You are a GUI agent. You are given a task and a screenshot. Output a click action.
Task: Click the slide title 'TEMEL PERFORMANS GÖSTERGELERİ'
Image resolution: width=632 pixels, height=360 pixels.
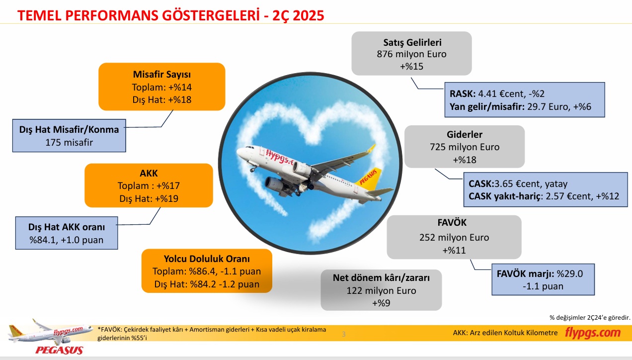(138, 15)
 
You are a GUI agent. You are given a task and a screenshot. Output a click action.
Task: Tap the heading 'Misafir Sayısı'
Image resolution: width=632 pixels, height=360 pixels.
(161, 75)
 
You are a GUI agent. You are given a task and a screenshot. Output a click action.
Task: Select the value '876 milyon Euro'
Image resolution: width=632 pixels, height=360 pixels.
(412, 54)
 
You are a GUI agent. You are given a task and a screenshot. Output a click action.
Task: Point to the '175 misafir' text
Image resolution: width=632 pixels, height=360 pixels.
(69, 142)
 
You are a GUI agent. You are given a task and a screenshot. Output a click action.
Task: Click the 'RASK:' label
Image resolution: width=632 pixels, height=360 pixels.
(463, 94)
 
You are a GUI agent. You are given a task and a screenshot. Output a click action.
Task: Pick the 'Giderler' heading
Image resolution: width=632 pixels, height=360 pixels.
(465, 134)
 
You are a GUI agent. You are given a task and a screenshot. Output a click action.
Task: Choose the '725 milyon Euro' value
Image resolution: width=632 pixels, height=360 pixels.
(465, 147)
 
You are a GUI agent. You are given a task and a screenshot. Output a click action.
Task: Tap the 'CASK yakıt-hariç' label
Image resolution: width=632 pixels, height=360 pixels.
(504, 196)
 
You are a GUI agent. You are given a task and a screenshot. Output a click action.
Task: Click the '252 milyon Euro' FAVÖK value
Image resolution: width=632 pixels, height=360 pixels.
(454, 238)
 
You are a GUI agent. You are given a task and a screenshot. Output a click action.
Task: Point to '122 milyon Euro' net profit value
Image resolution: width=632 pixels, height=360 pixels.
(381, 290)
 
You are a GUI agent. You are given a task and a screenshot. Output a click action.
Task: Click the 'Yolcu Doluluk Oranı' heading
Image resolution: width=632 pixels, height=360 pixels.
(207, 259)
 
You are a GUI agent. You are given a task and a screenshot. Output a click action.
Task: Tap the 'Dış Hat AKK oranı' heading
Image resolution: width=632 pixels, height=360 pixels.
(67, 227)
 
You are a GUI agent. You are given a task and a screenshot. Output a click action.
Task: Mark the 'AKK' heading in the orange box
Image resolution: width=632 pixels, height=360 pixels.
(149, 173)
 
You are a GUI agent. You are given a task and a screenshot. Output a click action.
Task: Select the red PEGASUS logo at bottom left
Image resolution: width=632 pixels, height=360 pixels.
(59, 351)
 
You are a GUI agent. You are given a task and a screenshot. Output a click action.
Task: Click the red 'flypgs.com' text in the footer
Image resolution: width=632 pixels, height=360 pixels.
(593, 333)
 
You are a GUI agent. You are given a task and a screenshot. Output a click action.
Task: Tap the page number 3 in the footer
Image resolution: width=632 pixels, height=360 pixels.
(344, 334)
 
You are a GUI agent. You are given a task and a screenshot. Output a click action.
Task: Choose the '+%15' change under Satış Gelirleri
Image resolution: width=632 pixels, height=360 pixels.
(412, 67)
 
